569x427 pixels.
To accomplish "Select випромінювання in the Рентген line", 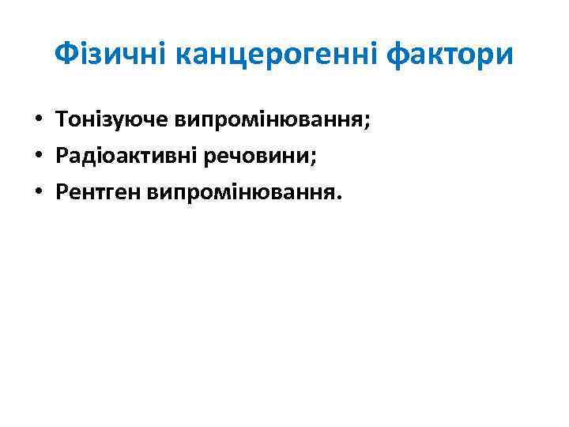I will [243, 192].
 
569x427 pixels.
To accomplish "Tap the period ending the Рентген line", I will [341, 198].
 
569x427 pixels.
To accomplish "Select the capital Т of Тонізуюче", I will [62, 120].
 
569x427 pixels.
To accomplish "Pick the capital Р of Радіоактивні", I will [62, 156].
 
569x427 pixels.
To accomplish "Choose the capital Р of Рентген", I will [62, 192].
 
